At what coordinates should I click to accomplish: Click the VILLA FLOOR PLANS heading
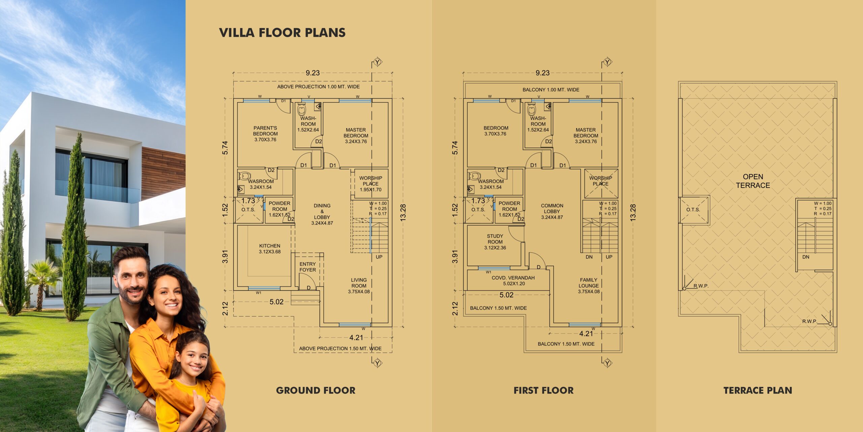tap(282, 33)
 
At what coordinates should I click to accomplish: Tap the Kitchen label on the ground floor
tap(270, 248)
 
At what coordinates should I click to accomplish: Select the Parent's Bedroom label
tap(265, 134)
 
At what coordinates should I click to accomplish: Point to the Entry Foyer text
tap(307, 267)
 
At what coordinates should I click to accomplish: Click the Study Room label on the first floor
tap(495, 242)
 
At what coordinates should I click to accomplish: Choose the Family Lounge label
tap(589, 286)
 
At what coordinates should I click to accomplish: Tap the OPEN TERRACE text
tap(753, 181)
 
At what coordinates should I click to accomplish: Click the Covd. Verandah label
tap(513, 280)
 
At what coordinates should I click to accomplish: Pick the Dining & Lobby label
tap(322, 214)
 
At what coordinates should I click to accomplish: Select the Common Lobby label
tap(552, 211)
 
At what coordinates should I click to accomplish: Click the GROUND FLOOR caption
tap(316, 390)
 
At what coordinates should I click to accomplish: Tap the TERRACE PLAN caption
tap(757, 390)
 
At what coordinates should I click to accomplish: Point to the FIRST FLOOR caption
tap(543, 390)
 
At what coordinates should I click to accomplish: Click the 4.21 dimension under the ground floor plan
tap(356, 337)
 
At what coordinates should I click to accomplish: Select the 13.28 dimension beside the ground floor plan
tap(403, 213)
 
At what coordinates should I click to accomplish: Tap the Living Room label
tap(359, 286)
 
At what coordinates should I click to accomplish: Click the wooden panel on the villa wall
tap(163, 172)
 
